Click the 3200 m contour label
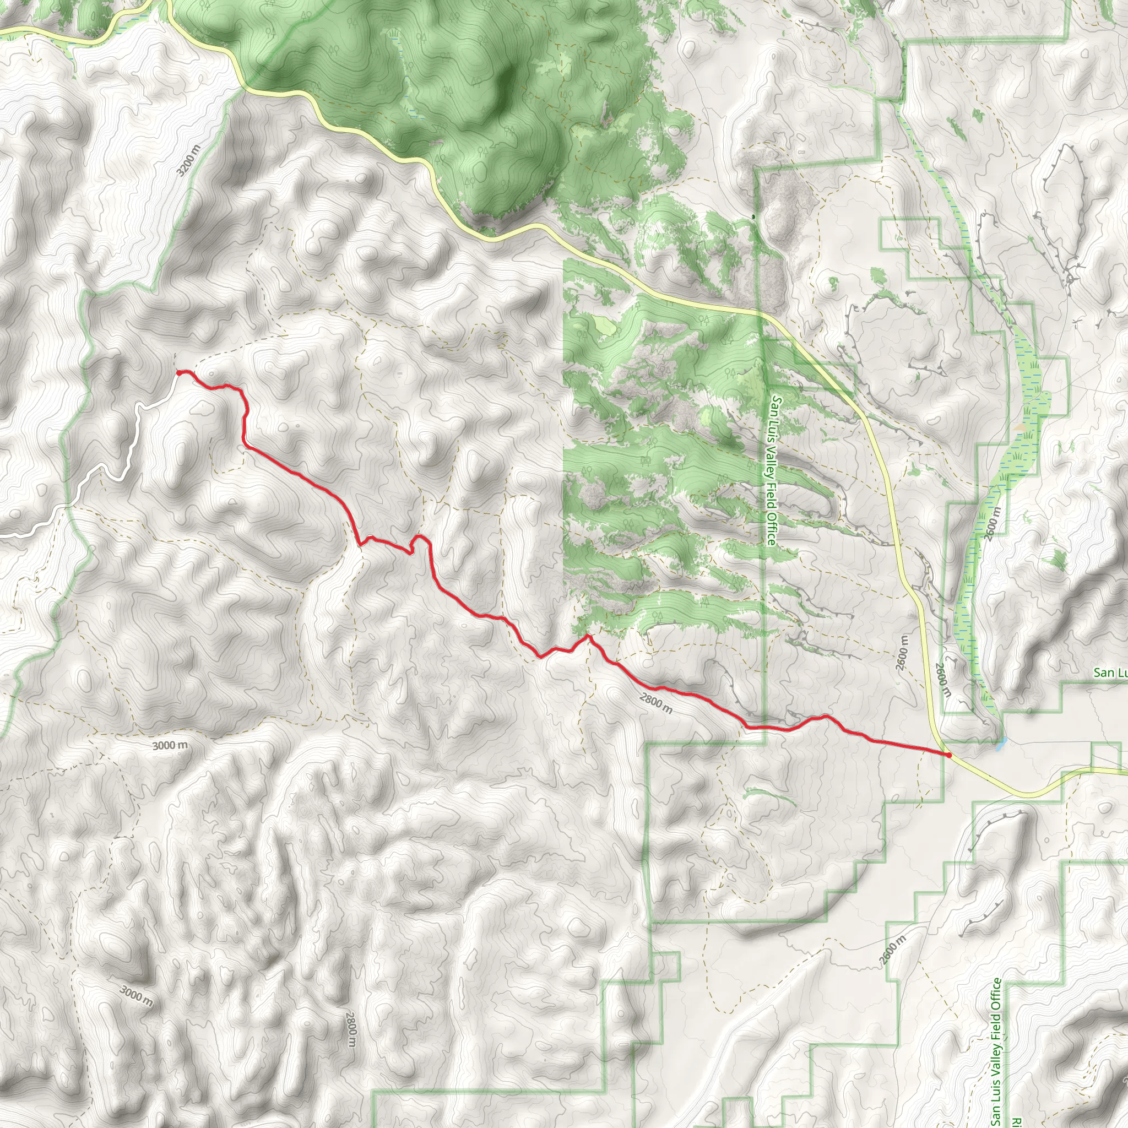click(188, 160)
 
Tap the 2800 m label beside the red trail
click(655, 703)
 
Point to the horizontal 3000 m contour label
click(170, 746)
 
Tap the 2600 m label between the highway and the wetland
click(942, 680)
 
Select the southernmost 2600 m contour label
click(893, 949)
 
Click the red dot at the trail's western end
click(178, 372)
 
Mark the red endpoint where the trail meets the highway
click(950, 755)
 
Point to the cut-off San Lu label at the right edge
click(1110, 673)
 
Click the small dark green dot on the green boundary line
click(753, 216)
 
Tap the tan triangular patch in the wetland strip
click(1021, 427)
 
